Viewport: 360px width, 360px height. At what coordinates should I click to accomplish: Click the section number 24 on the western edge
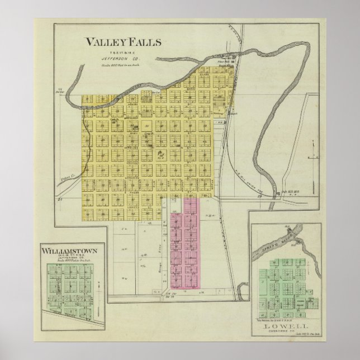[59, 198]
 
